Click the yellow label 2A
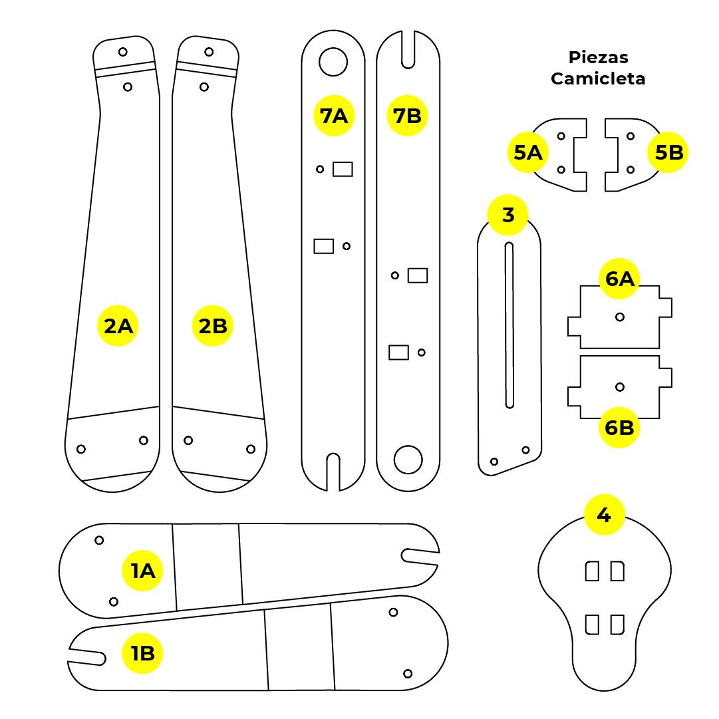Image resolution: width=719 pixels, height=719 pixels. pos(118,326)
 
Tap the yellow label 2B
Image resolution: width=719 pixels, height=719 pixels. pos(213,326)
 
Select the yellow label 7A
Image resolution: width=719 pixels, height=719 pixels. pos(333,116)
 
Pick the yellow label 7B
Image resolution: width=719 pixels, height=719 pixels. pos(407,116)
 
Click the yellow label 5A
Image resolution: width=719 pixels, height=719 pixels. pos(528,153)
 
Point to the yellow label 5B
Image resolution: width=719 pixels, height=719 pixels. pos(668,153)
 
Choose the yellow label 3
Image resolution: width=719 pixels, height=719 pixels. pos(508,215)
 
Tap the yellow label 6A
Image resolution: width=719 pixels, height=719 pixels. pos(619,279)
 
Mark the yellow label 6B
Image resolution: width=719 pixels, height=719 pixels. pos(619,428)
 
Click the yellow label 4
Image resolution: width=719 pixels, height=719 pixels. pos(604,515)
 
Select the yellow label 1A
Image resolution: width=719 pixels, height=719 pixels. pos(142,571)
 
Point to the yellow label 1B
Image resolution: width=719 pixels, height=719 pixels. pos(142,653)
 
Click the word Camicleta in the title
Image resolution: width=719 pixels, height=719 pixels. pos(598,78)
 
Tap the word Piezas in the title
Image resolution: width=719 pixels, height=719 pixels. pos(599,58)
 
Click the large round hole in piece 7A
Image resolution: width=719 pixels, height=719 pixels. pos(333,62)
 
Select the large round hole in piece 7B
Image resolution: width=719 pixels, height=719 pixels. pos(408,459)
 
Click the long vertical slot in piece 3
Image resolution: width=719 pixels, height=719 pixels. pos(509,325)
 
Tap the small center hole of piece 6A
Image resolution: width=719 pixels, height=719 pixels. pos(620,317)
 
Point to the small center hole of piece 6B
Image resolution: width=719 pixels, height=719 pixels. pos(620,387)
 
